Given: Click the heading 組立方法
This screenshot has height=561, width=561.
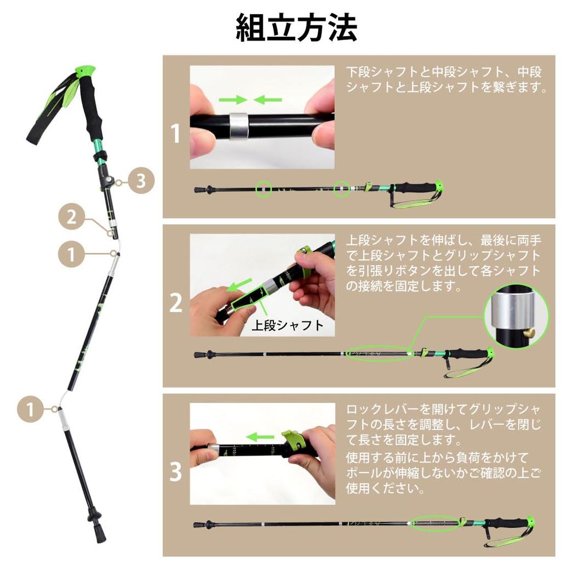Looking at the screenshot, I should point(296,28).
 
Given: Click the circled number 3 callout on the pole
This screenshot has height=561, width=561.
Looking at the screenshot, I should point(141,181).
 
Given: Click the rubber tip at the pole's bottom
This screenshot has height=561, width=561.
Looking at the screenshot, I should point(99,531).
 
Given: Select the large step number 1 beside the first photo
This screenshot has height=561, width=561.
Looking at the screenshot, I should point(175,134).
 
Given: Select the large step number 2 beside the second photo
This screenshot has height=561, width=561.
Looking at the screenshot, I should point(175,303).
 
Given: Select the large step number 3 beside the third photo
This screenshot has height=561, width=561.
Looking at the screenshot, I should point(175,472).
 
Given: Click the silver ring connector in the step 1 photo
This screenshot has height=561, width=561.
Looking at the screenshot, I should point(239,126).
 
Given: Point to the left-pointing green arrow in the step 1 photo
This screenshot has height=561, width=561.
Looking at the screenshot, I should point(268,100).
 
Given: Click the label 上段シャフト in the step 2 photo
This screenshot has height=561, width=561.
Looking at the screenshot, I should point(287,325).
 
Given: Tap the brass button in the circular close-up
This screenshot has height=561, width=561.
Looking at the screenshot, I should point(529,332).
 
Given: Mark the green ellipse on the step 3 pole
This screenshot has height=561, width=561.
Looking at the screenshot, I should point(435,523).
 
